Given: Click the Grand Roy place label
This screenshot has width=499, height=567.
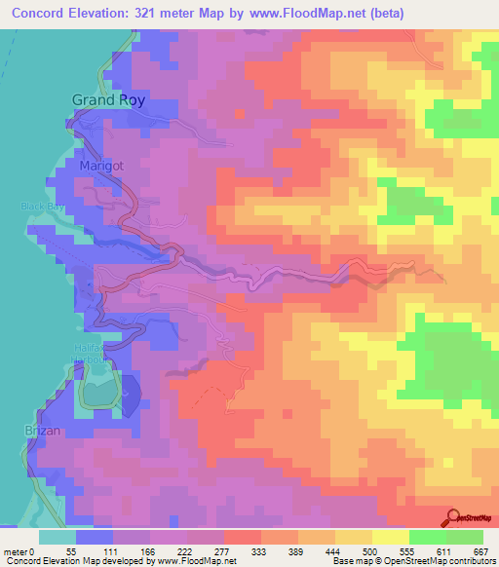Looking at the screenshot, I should [108, 100].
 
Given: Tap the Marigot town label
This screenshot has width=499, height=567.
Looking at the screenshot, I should [100, 167].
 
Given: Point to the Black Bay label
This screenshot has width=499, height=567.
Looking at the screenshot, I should [41, 207].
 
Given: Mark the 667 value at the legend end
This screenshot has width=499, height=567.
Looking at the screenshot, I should [480, 550].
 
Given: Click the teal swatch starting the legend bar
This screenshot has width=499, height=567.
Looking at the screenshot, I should [58, 537].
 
